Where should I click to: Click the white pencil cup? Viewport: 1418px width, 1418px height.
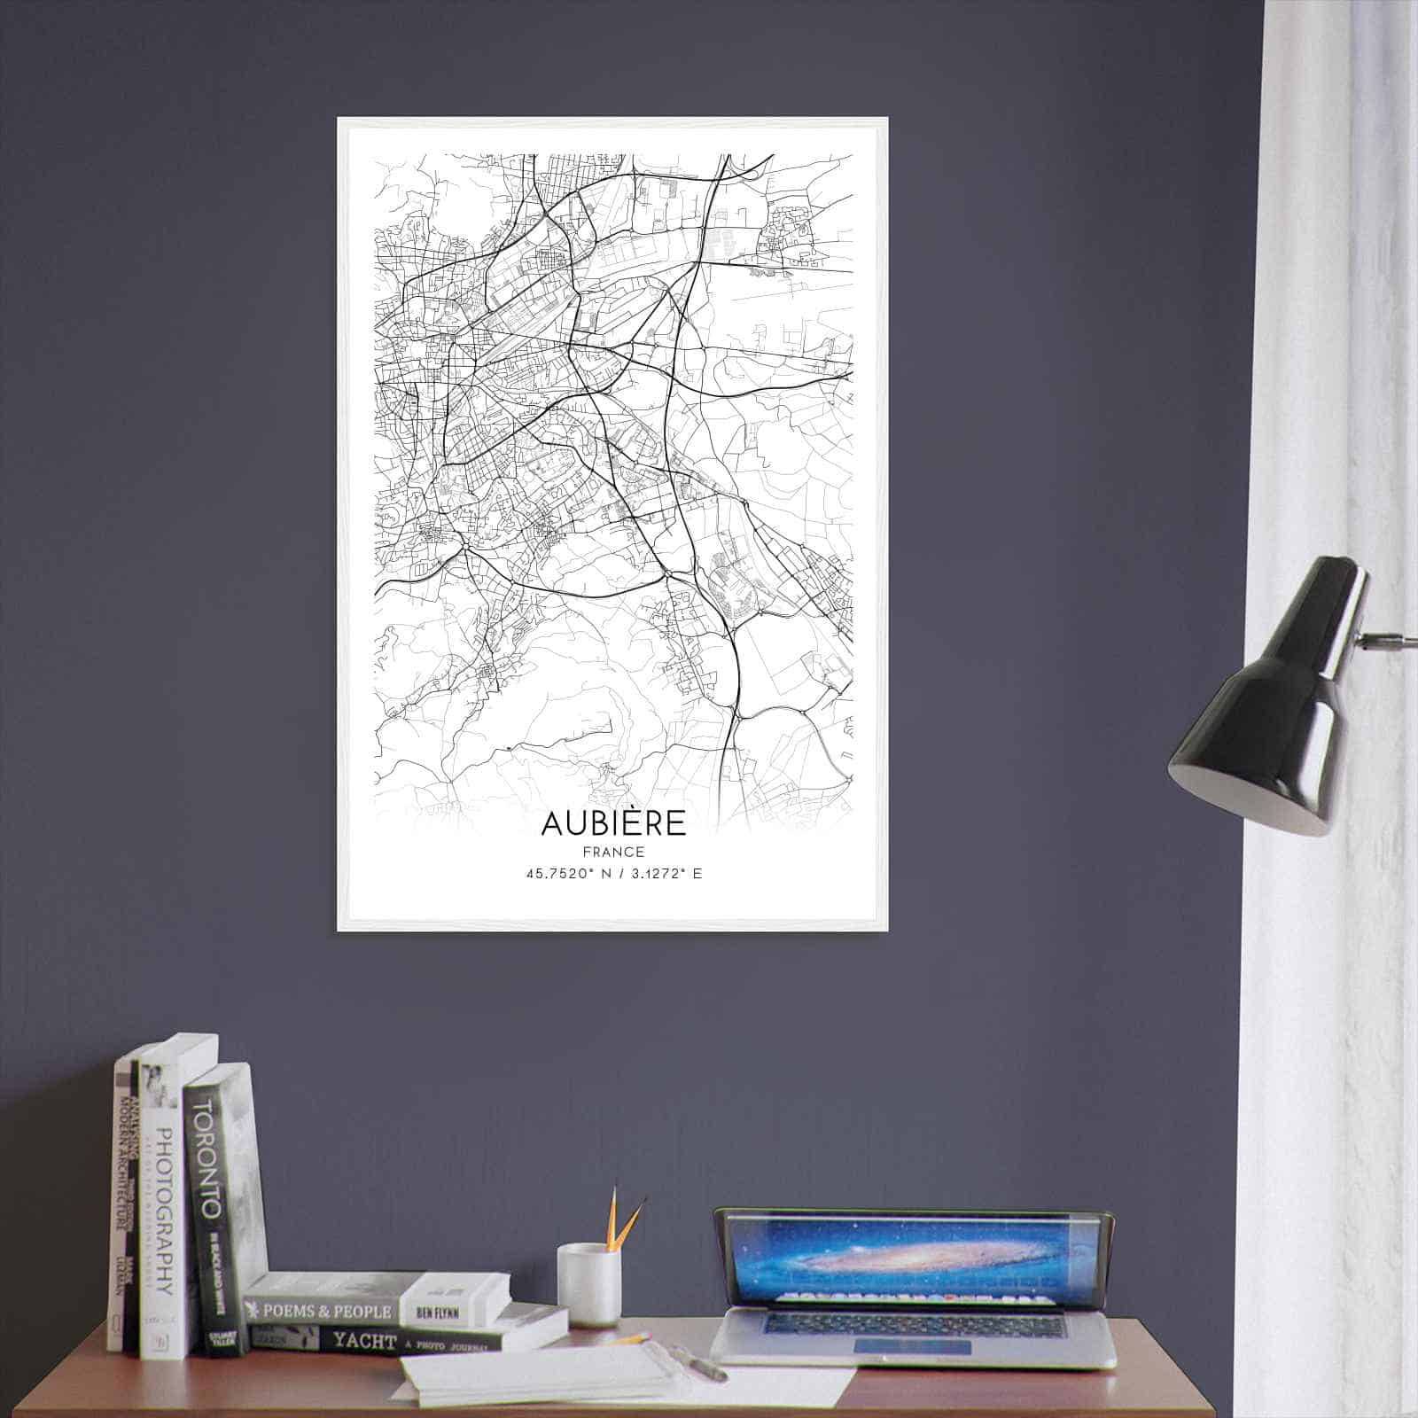point(588,1284)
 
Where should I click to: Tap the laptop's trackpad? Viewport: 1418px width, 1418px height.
point(913,1348)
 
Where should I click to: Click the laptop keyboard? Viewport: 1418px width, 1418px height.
point(913,1325)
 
